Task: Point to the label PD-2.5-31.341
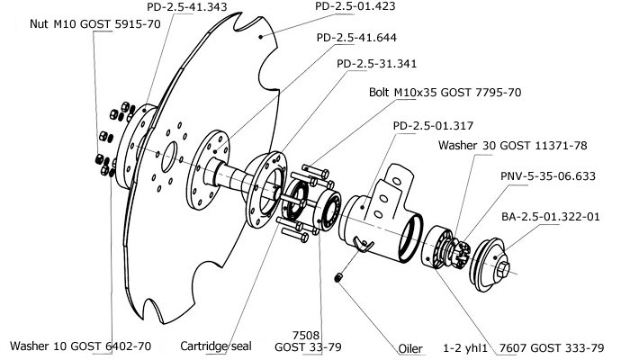(377, 66)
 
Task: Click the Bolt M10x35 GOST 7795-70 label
(445, 93)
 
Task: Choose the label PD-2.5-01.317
(435, 126)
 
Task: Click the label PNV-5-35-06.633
(546, 177)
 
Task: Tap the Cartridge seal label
(214, 346)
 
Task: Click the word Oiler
(410, 346)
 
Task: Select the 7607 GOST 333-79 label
(553, 346)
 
